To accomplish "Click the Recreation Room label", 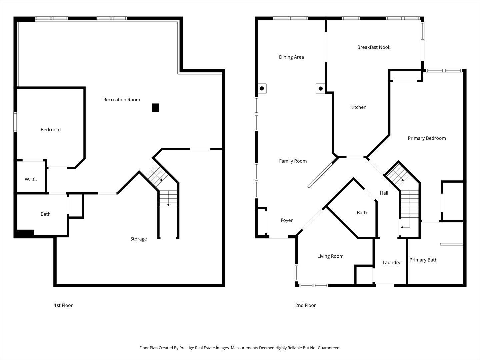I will click(x=122, y=100).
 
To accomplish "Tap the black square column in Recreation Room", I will click(x=155, y=108).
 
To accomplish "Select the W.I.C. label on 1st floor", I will click(x=31, y=179).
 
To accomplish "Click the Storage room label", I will click(x=138, y=239).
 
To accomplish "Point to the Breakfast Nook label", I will click(x=374, y=47).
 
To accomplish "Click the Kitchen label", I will click(x=358, y=107).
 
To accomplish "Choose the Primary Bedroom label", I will click(x=427, y=138).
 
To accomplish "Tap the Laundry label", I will click(x=391, y=263).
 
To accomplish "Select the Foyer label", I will click(x=287, y=220).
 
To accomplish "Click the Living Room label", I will click(x=330, y=256).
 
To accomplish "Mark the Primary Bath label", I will click(x=423, y=260).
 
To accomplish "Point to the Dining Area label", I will click(x=291, y=57).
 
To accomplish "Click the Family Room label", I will click(x=293, y=161).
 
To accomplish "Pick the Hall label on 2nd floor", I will click(x=384, y=193).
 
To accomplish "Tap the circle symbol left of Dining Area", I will click(x=262, y=88).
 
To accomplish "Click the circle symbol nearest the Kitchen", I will click(x=321, y=88).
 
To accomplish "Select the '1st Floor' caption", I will click(x=63, y=305).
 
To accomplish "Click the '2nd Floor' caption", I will click(x=305, y=305).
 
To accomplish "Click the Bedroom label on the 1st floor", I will click(x=51, y=130).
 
